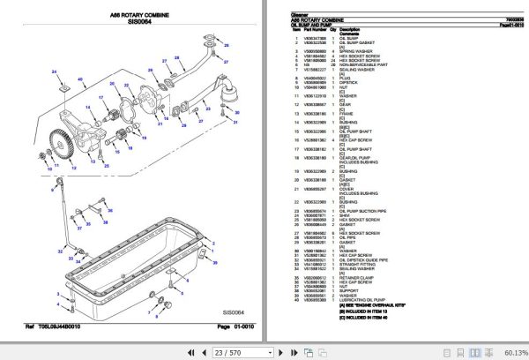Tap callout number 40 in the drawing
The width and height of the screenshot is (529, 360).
(x=81, y=80)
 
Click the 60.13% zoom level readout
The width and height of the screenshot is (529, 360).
(x=509, y=352)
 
